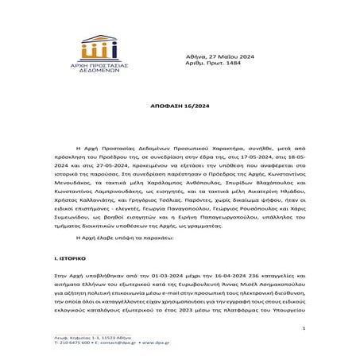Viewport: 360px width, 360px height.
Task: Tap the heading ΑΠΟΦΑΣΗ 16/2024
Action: point(179,104)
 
